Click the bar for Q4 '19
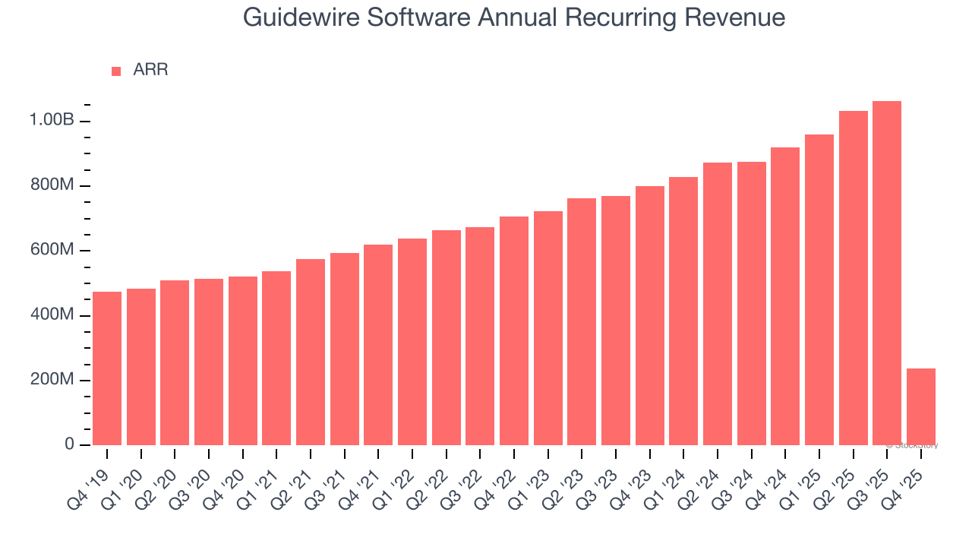coord(107,368)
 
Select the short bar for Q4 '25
coord(921,406)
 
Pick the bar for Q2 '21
coord(311,352)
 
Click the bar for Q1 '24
coord(683,311)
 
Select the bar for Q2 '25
coord(853,278)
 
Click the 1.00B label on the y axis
coord(52,121)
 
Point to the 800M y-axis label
coord(52,185)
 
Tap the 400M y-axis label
coord(52,315)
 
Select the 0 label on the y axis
coord(69,444)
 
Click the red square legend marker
coord(116,71)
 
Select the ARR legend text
coord(150,71)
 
